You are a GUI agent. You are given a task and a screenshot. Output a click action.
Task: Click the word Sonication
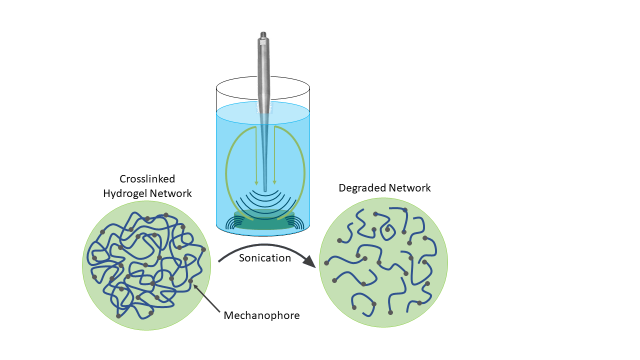coord(264,258)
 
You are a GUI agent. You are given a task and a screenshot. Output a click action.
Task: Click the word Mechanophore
coord(261,315)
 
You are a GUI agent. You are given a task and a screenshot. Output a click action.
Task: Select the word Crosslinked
coord(147,179)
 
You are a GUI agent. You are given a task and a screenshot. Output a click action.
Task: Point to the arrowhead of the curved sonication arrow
coord(311,261)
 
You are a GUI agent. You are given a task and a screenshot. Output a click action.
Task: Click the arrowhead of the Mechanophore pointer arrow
coord(194,285)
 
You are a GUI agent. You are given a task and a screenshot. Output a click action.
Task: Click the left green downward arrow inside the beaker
coord(256,180)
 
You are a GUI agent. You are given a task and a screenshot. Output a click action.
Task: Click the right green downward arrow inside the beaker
coord(274,180)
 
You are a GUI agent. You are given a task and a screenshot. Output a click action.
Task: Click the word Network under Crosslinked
coord(170,193)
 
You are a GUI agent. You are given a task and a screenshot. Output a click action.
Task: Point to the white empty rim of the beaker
coord(235,90)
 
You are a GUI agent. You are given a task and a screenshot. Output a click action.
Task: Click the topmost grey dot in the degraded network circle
coord(405,210)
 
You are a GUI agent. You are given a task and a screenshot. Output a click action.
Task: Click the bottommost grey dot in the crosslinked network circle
coord(118,316)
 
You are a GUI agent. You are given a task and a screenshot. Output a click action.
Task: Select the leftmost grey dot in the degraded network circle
coord(327,263)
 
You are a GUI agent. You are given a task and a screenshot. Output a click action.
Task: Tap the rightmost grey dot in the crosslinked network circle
coord(203,249)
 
